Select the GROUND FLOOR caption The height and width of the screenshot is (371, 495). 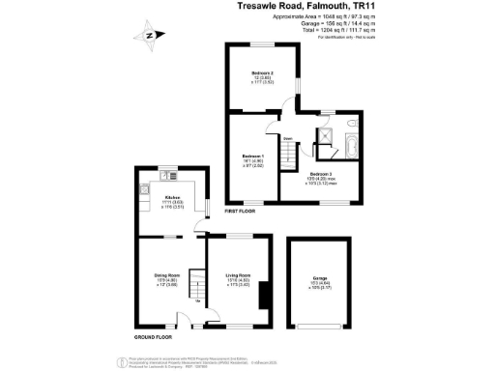click(154, 336)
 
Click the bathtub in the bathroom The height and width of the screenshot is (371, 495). click(350, 147)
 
